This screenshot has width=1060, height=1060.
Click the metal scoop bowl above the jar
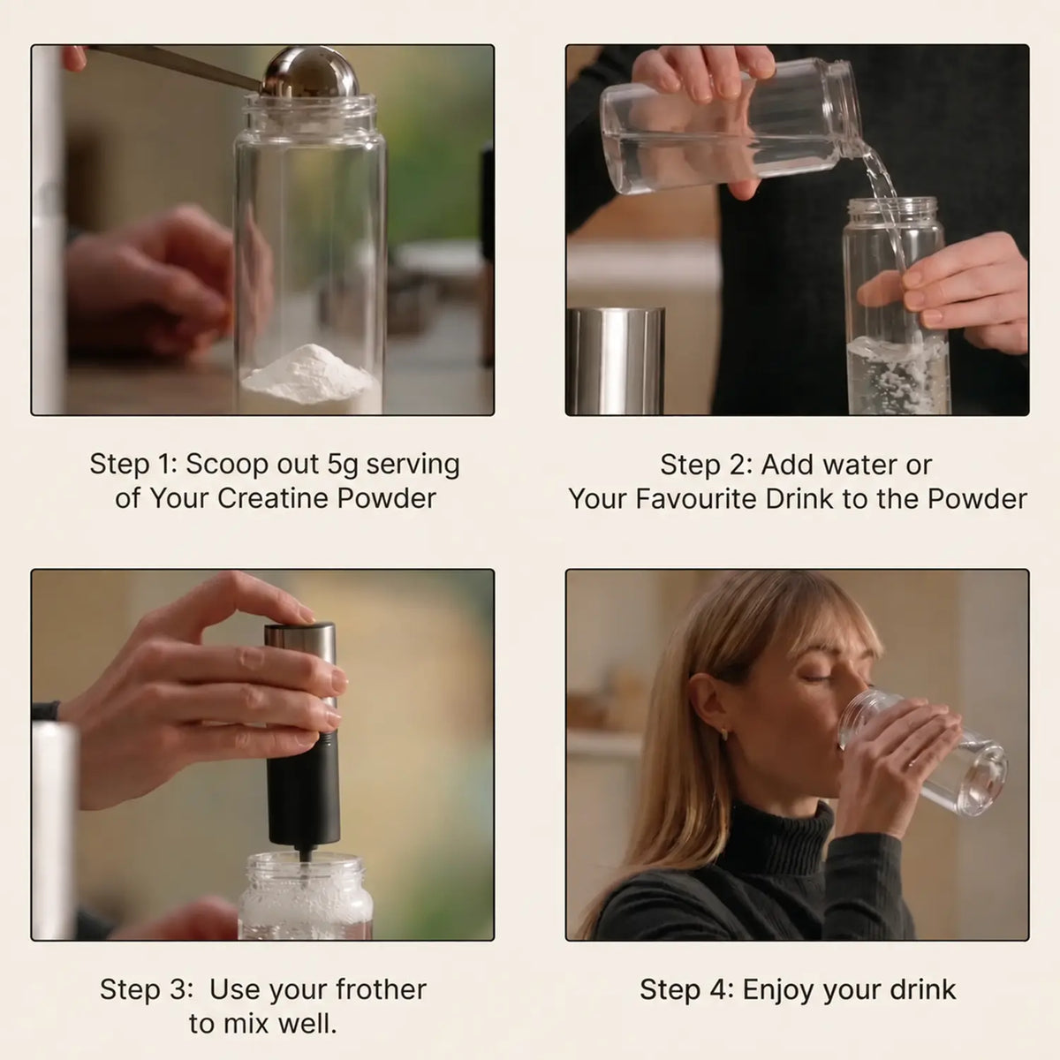pyautogui.click(x=311, y=72)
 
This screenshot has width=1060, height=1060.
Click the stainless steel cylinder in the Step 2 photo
pyautogui.click(x=616, y=361)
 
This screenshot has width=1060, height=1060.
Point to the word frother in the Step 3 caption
pyautogui.click(x=381, y=989)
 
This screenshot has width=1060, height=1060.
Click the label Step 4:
pyautogui.click(x=686, y=990)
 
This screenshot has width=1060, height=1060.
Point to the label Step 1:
pyautogui.click(x=134, y=466)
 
